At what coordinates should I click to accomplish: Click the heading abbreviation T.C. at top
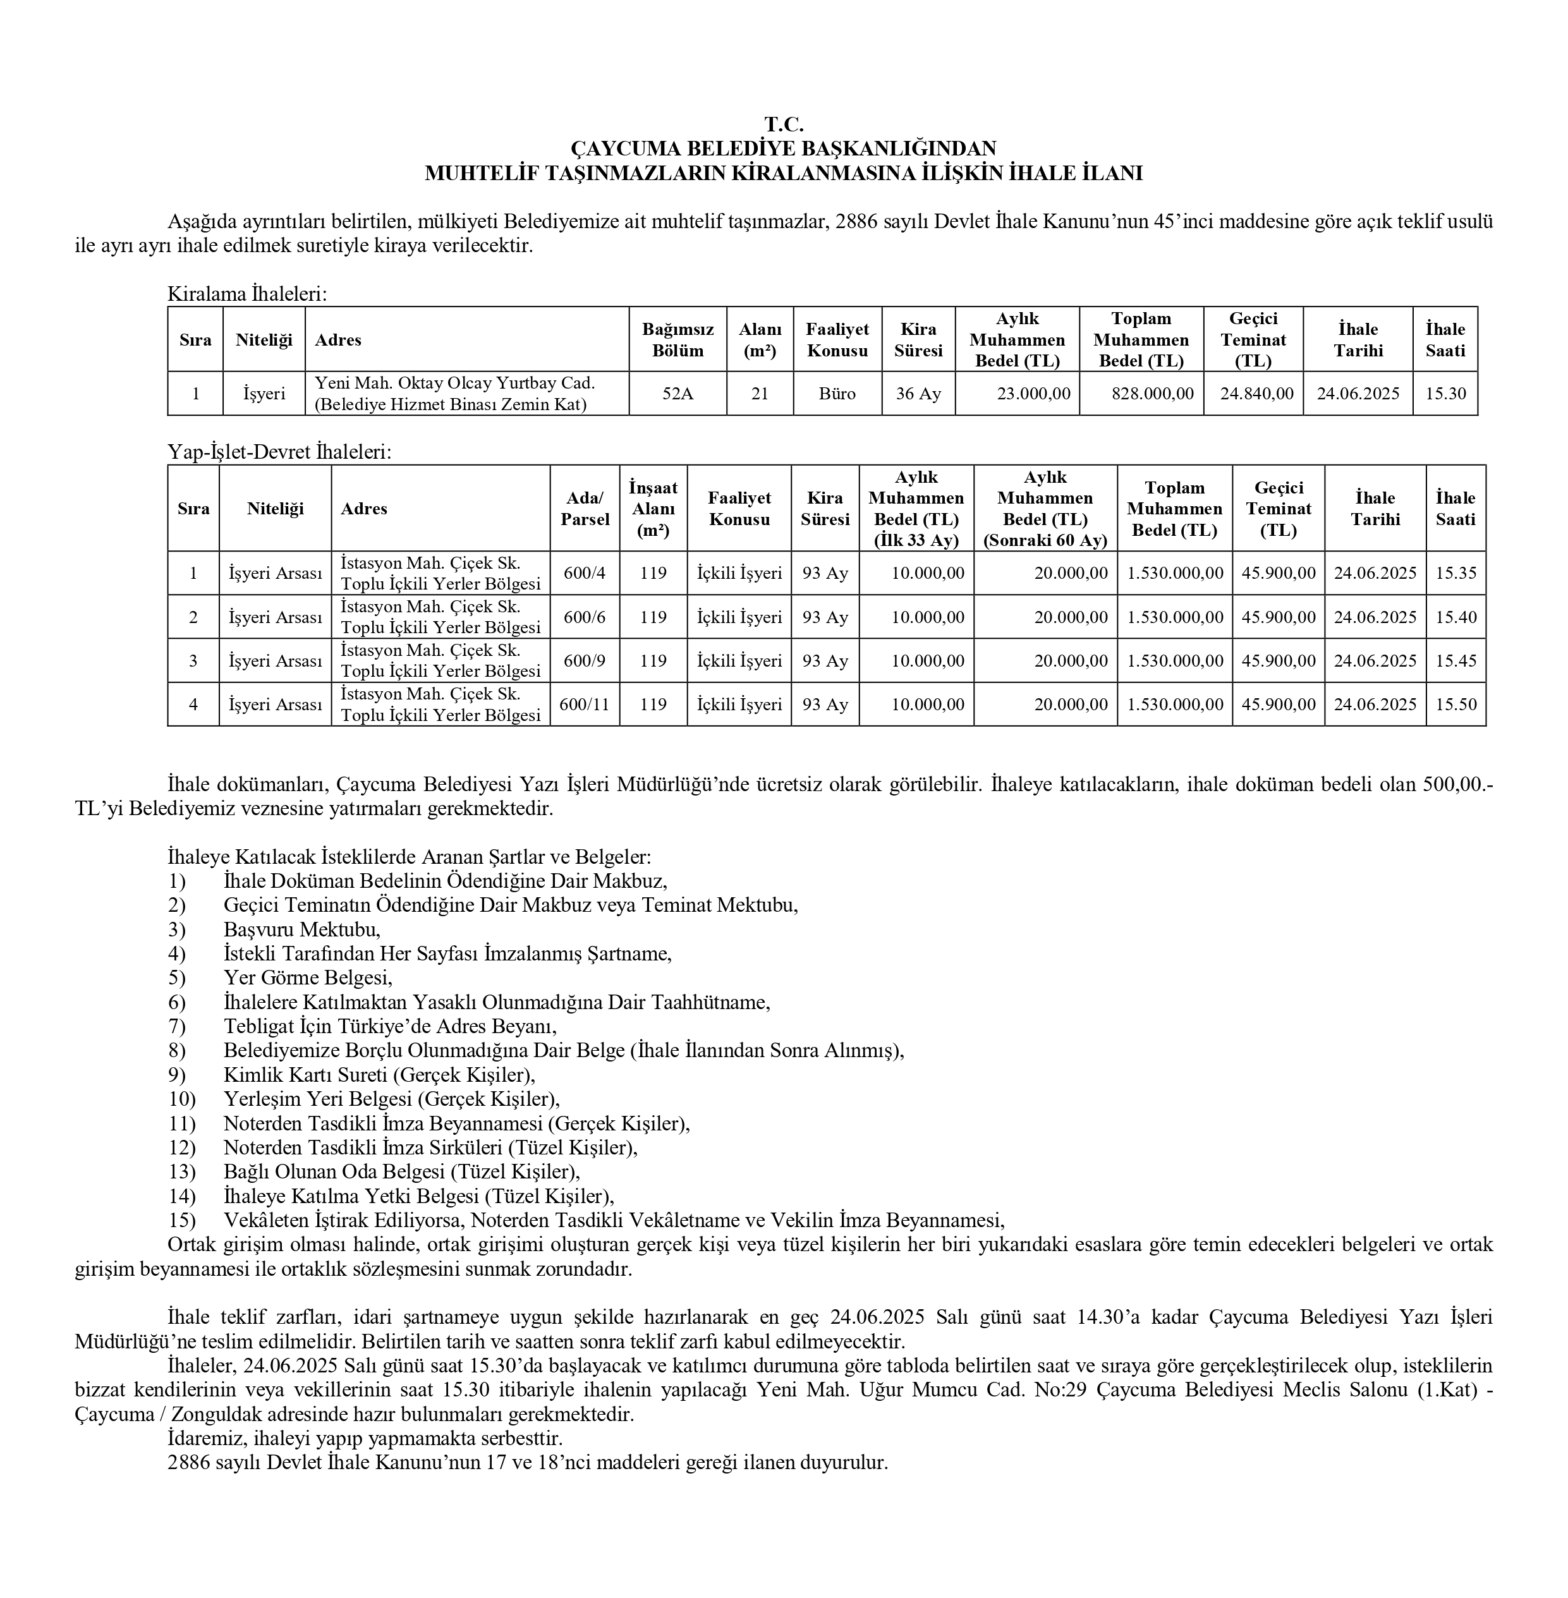783,124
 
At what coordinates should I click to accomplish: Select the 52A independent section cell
677,394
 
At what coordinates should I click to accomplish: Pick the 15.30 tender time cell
1445,394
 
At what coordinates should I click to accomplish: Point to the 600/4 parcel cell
584,573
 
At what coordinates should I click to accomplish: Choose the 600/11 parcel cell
584,705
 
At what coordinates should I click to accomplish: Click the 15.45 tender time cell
1455,661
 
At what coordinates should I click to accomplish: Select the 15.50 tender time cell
1455,705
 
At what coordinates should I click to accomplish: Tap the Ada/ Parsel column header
584,509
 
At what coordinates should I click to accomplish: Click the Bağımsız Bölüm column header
677,340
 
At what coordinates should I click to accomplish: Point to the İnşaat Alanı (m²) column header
653,509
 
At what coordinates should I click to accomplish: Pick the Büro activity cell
837,394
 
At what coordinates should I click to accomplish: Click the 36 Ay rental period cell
918,394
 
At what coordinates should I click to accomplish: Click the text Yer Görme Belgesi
307,978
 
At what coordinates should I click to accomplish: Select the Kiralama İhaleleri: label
247,294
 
